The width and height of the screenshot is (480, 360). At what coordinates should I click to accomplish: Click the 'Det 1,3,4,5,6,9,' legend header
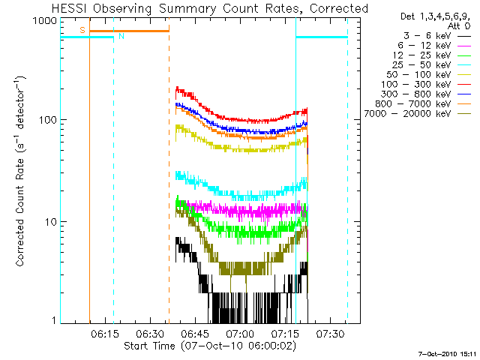click(x=430, y=16)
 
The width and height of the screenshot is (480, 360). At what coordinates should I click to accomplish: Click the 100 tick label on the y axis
click(x=46, y=121)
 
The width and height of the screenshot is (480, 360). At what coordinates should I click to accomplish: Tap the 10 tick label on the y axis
click(x=49, y=222)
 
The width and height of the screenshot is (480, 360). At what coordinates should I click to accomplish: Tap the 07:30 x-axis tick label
click(x=331, y=333)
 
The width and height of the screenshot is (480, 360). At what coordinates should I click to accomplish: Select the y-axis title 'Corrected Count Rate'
click(x=21, y=172)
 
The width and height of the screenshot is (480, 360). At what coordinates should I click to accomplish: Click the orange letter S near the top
click(x=82, y=29)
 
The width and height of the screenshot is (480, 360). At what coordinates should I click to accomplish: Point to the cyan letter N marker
click(x=122, y=35)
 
